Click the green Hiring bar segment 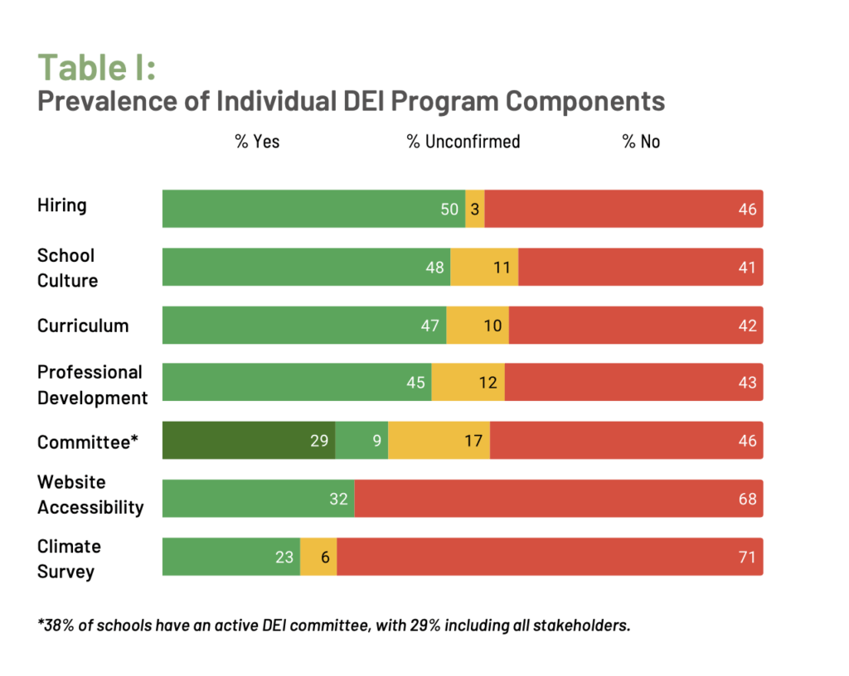click(x=313, y=209)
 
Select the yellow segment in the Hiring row click(x=475, y=209)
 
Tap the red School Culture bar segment click(x=640, y=267)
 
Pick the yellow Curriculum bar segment click(x=478, y=325)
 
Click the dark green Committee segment click(x=248, y=441)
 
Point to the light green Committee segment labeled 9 click(x=361, y=441)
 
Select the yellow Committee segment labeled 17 click(x=439, y=441)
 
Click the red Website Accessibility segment click(x=559, y=499)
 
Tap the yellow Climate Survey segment click(x=318, y=557)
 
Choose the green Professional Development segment click(x=296, y=383)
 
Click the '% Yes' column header click(x=257, y=142)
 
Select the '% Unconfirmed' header click(x=463, y=142)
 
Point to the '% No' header click(x=641, y=142)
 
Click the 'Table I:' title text click(x=96, y=67)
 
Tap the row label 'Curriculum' click(x=83, y=326)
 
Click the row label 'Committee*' click(x=87, y=442)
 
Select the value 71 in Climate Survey click(x=747, y=558)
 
